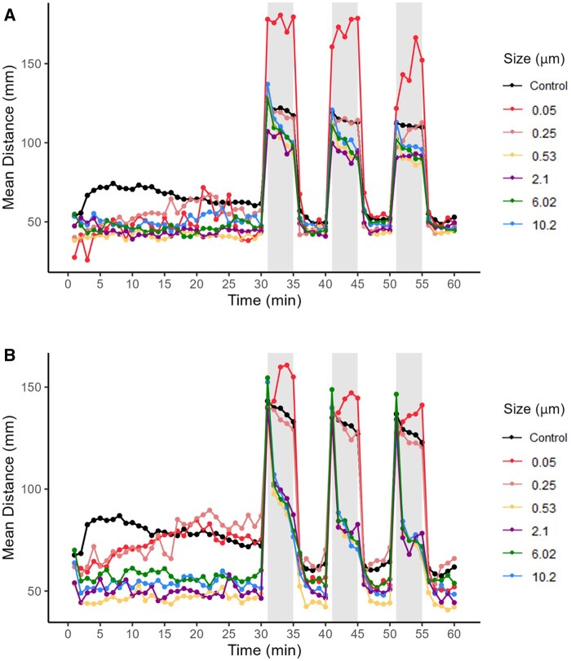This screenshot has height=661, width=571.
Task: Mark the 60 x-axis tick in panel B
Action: click(454, 634)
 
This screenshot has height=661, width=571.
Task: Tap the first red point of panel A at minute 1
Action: click(74, 258)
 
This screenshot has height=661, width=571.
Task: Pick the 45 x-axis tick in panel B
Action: click(357, 634)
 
